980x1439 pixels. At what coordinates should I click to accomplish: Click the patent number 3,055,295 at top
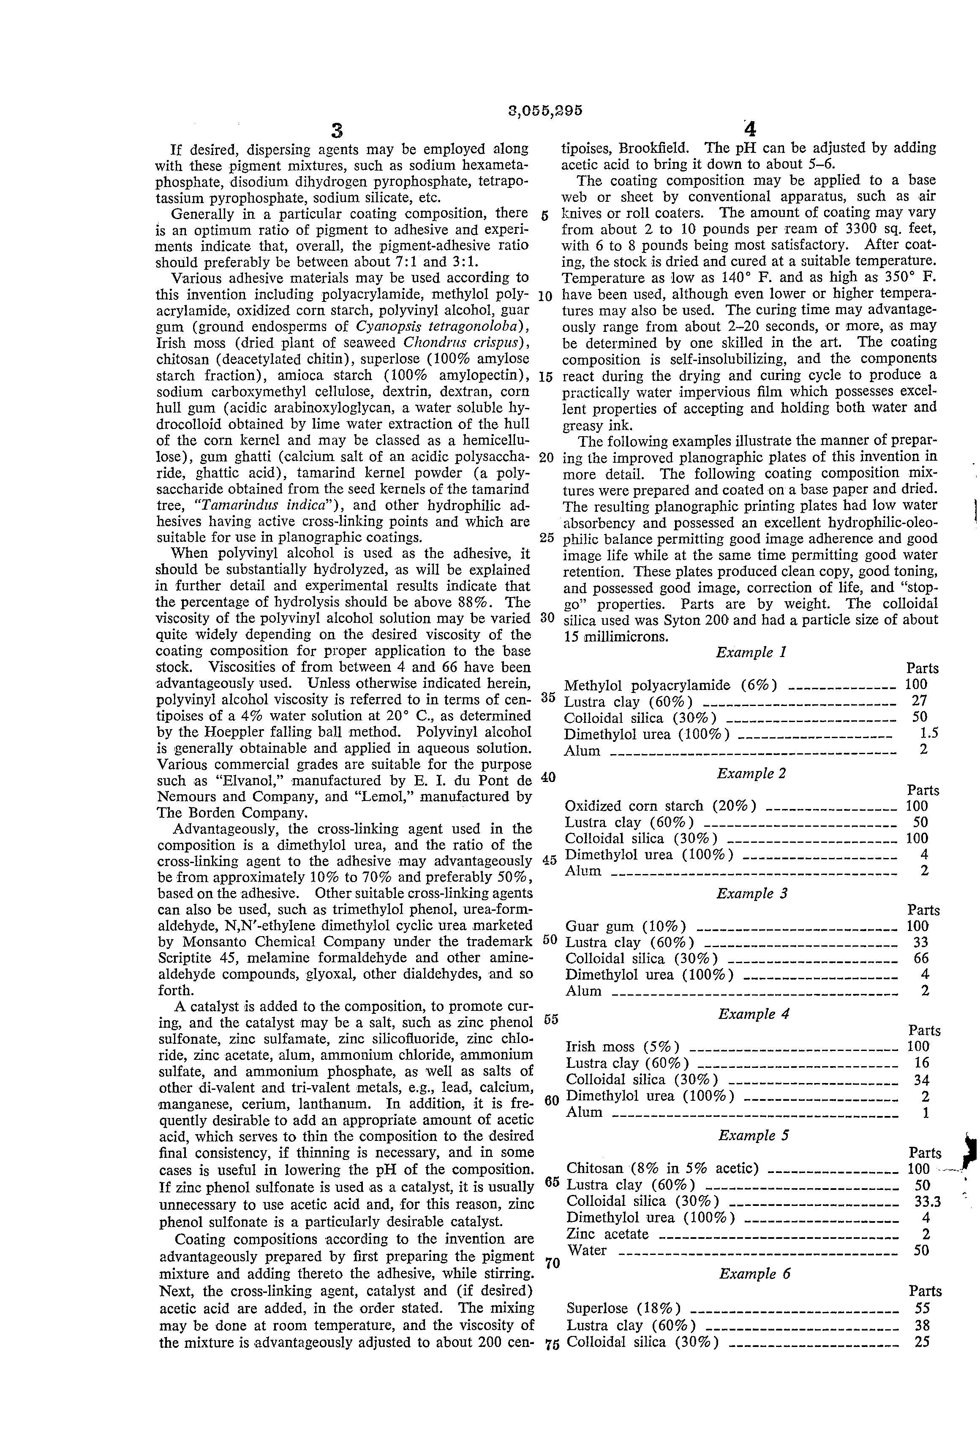point(544,111)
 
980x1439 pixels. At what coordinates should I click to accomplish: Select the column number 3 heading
point(336,130)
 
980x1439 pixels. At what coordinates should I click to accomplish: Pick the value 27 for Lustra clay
point(920,701)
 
